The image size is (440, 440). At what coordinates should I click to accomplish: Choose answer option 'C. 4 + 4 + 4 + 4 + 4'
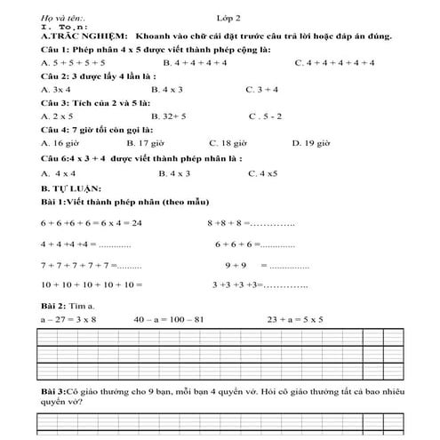(x=333, y=64)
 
